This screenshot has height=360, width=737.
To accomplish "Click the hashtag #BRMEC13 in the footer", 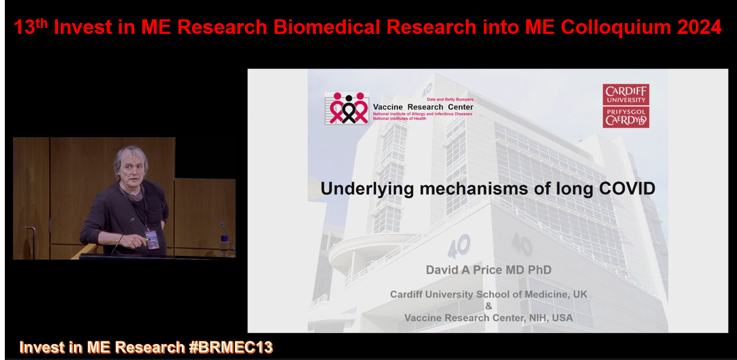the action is pos(231,347).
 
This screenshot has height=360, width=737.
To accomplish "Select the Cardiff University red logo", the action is pos(626,106).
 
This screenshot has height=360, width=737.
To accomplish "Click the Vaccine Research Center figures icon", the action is pos(347,108).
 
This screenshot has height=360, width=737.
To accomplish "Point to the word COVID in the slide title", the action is pos(627,189).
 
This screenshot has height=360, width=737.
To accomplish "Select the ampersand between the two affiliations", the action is pos(489,306).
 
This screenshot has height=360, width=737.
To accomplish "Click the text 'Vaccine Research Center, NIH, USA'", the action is pos(489,318).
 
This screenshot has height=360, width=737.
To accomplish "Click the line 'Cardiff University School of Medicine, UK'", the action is pos(489,294).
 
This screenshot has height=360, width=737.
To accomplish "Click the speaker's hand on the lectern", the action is pos(134,241).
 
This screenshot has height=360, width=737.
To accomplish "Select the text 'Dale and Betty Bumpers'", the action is pos(450,99).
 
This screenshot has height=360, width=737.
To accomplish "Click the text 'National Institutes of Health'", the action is pos(400,118).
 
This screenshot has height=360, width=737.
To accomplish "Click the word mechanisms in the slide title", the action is pos(474,189).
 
